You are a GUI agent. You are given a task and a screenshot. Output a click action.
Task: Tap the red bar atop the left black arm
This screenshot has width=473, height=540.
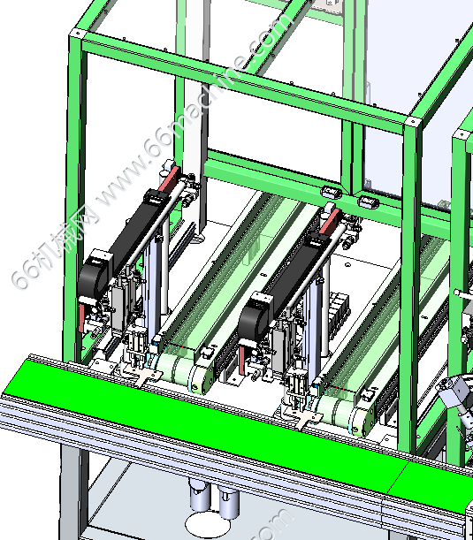(x=170, y=179)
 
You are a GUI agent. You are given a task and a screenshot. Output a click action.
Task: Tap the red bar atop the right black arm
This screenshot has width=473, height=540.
(x=330, y=221)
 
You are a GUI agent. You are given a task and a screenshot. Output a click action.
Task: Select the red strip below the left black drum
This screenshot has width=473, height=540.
(x=81, y=317)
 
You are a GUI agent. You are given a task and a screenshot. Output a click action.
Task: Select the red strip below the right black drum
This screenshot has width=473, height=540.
(x=242, y=361)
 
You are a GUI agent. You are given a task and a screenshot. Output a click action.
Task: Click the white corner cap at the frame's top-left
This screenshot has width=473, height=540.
(x=77, y=34)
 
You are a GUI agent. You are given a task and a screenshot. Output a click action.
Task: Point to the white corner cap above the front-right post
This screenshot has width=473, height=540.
(x=412, y=121)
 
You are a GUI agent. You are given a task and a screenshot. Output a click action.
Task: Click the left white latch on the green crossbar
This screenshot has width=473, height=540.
(x=332, y=191)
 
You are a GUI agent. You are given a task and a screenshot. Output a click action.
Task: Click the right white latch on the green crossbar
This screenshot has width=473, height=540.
(x=368, y=201)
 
